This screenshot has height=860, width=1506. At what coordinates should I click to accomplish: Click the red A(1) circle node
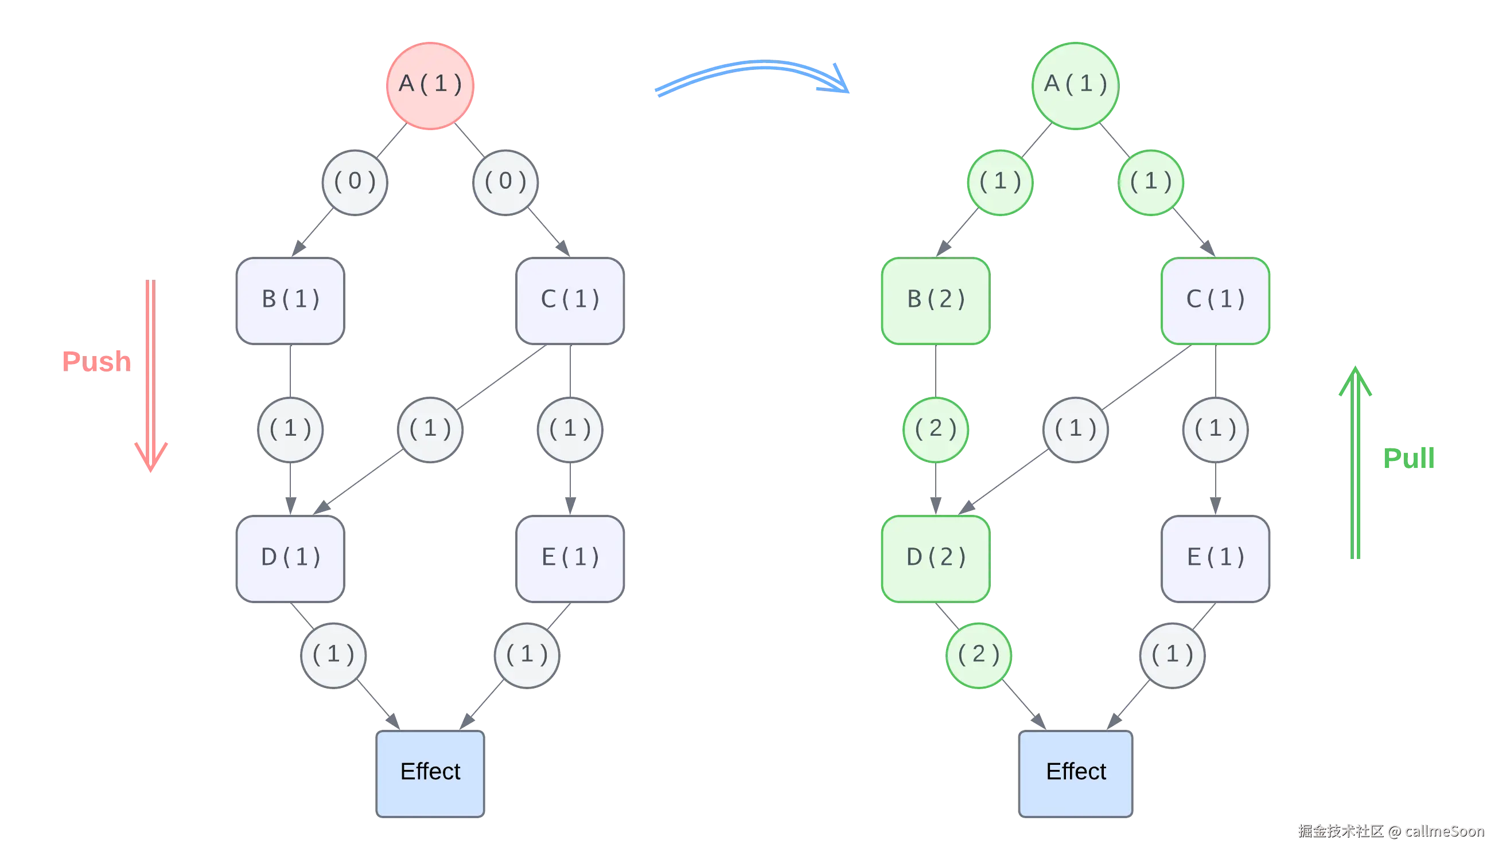430,85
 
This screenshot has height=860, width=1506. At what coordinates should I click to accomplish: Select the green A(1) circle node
1076,85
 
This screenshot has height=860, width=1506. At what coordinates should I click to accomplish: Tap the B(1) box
290,300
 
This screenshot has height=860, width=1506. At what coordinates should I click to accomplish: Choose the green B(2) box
936,300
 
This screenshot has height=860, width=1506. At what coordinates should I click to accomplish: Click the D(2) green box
936,558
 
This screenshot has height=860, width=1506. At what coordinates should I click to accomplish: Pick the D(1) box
290,558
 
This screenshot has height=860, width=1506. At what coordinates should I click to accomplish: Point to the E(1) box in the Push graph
570,558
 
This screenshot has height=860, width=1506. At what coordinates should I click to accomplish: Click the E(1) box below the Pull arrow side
1216,558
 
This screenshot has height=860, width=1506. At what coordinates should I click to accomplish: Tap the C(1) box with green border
1216,300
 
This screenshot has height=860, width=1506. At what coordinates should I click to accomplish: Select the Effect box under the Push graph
430,773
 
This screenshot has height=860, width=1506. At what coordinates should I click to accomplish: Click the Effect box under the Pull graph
1076,773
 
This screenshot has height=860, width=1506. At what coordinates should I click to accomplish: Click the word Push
96,361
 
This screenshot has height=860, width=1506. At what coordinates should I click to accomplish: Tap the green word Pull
1408,458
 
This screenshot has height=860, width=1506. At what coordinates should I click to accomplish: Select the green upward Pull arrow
1355,461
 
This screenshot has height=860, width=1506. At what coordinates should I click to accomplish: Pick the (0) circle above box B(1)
355,182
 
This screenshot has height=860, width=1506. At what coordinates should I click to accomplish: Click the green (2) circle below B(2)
936,429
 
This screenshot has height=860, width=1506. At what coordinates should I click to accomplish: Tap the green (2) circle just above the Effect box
979,655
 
